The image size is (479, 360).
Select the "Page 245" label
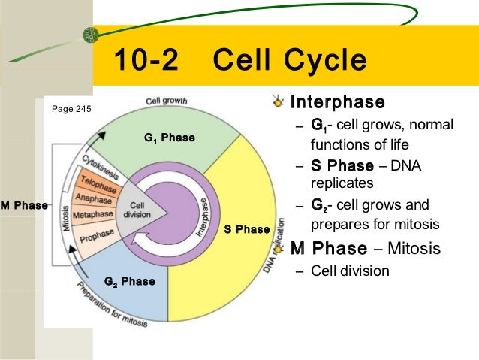(x=71, y=109)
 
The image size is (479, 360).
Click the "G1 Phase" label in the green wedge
(x=170, y=138)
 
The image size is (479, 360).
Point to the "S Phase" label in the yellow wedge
(x=246, y=229)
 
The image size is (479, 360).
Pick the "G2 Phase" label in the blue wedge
(x=129, y=282)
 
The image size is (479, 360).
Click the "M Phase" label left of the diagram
(x=24, y=205)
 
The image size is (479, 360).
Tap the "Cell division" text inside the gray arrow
(x=139, y=210)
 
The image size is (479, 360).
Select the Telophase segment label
(x=98, y=183)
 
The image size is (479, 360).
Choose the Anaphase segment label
(x=93, y=200)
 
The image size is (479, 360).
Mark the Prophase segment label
(x=96, y=235)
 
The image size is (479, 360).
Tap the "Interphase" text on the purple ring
(x=204, y=218)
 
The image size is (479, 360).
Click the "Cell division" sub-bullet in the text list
(x=350, y=271)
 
